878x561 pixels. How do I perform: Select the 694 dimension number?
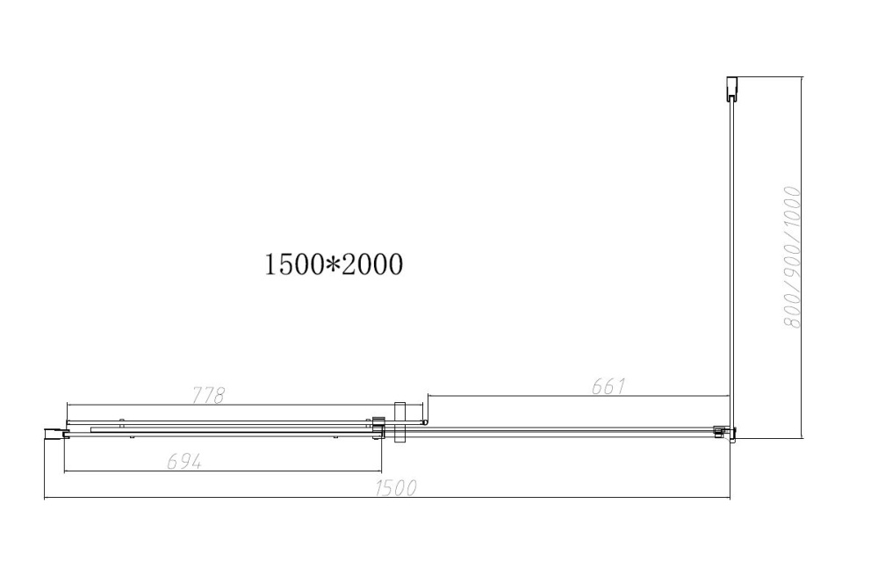[x=184, y=462]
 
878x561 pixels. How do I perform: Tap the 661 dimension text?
[x=607, y=386]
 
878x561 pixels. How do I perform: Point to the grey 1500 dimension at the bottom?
[x=394, y=489]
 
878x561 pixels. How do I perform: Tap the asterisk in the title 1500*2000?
[x=333, y=263]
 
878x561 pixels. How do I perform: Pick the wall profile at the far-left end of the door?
[x=54, y=432]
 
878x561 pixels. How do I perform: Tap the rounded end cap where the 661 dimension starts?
[x=426, y=422]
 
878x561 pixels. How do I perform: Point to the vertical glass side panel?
[x=730, y=263]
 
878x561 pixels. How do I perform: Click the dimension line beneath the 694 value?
[x=223, y=471]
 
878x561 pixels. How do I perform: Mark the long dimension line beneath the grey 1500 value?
[x=386, y=499]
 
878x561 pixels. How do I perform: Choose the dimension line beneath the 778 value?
[x=223, y=405]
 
